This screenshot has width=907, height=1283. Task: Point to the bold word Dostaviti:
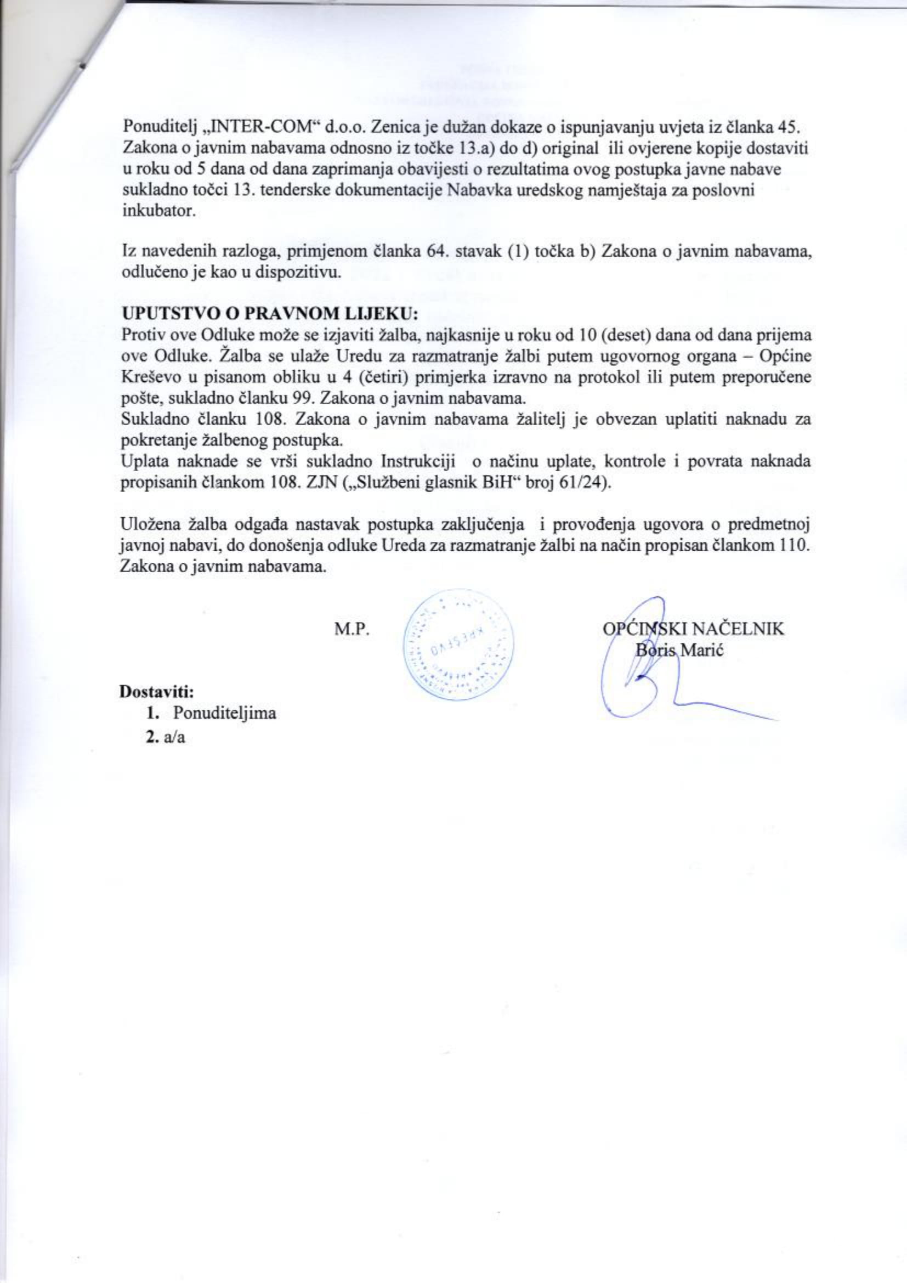point(157,692)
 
